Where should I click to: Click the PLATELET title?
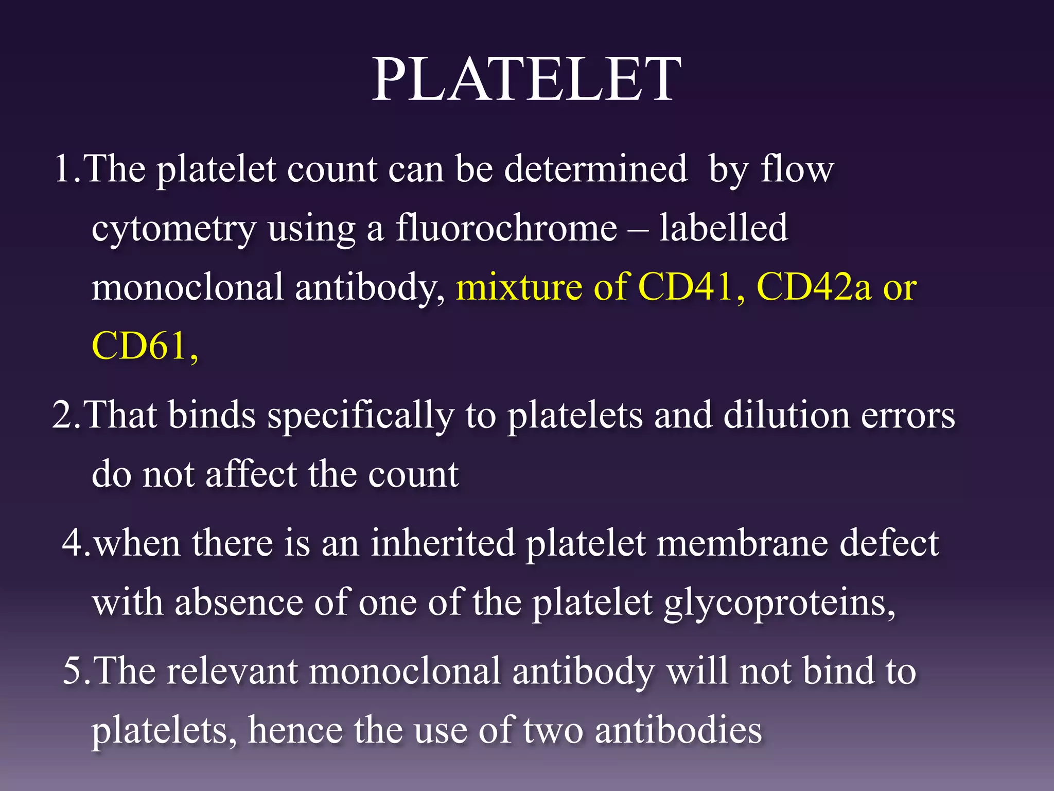point(526,80)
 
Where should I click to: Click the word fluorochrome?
point(506,228)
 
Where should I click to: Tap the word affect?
point(251,474)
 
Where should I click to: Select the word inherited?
point(442,543)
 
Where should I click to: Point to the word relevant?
point(232,671)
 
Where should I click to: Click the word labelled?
point(723,228)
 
